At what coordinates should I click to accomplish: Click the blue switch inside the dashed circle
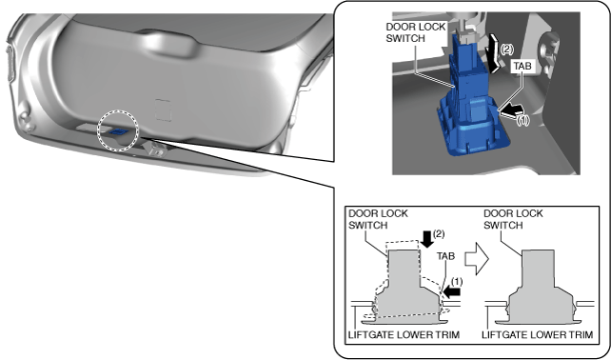click(x=118, y=131)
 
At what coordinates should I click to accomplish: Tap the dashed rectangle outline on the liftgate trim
click(x=163, y=110)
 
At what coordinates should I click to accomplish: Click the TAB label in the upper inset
click(x=522, y=66)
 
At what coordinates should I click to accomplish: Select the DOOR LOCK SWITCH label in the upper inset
click(x=415, y=32)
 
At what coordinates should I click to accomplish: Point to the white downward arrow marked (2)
click(x=494, y=53)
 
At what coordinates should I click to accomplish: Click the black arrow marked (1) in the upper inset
click(x=510, y=110)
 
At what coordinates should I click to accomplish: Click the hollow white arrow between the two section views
click(x=477, y=258)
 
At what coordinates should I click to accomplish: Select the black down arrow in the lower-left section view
click(x=427, y=239)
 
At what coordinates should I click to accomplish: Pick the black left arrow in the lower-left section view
click(x=452, y=291)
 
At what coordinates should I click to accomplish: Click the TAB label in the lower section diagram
click(x=445, y=256)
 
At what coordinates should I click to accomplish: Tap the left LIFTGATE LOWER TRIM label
click(x=404, y=334)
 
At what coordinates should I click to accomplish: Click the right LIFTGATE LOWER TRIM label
click(x=538, y=334)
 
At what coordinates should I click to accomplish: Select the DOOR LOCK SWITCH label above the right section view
click(x=513, y=219)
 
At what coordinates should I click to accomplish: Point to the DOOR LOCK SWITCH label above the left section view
click(x=378, y=219)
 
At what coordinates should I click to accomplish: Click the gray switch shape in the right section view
click(x=538, y=288)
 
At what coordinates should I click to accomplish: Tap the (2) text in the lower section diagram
click(x=439, y=234)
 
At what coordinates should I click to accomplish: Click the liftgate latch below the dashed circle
click(x=155, y=149)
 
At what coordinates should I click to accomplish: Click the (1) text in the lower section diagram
click(x=457, y=282)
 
